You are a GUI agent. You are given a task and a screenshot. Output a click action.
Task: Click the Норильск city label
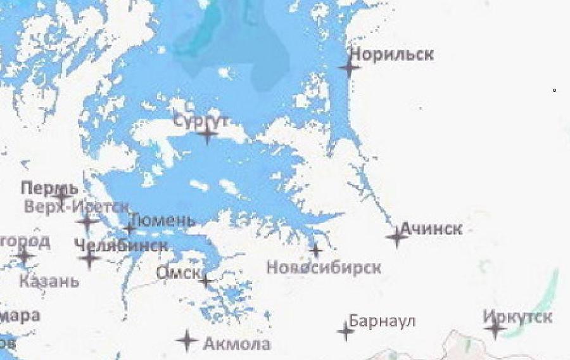pyautogui.click(x=391, y=54)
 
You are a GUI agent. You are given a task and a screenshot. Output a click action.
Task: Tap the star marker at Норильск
pyautogui.click(x=349, y=67)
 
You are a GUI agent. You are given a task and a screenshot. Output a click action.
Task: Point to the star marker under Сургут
pyautogui.click(x=207, y=134)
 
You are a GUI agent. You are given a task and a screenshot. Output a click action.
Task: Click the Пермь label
pyautogui.click(x=49, y=188)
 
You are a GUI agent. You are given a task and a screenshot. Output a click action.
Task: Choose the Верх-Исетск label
pyautogui.click(x=77, y=206)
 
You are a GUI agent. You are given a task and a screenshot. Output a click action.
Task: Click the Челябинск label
pyautogui.click(x=120, y=245)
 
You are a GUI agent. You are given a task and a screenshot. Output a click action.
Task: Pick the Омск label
pyautogui.click(x=178, y=273)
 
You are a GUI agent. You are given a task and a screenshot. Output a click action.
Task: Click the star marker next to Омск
pyautogui.click(x=205, y=280)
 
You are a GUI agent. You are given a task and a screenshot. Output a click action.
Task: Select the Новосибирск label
pyautogui.click(x=324, y=267)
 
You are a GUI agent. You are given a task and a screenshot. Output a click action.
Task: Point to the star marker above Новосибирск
pyautogui.click(x=315, y=250)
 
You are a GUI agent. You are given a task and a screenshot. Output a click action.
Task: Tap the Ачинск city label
pyautogui.click(x=431, y=229)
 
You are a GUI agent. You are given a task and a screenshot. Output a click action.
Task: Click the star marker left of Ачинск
pyautogui.click(x=396, y=238)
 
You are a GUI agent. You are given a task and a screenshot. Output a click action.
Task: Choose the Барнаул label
pyautogui.click(x=382, y=321)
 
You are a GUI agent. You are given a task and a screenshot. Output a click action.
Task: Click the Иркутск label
pyautogui.click(x=517, y=316)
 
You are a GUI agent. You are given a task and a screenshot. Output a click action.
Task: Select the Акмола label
pyautogui.click(x=237, y=344)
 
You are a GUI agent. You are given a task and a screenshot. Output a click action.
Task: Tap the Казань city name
pyautogui.click(x=49, y=281)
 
